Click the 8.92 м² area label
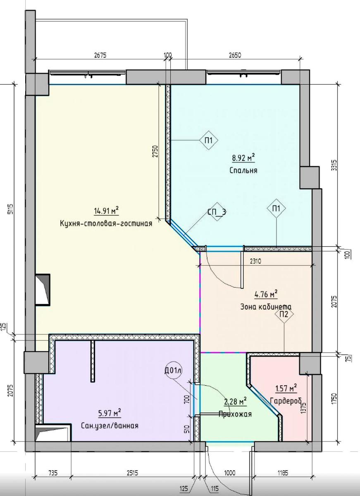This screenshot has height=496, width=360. coord(243,158)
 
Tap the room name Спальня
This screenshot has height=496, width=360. coord(243,170)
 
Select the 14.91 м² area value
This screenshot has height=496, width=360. coord(107,211)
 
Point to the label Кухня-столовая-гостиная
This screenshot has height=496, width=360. coord(106,224)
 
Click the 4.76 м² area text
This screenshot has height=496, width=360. coord(266,294)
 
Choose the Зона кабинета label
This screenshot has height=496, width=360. coord(266,307)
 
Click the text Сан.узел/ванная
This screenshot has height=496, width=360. coord(110,426)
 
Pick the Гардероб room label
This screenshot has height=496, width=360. coord(286,400)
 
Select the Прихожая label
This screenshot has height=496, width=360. coord(235,414)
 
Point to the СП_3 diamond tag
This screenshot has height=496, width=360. coord(217,212)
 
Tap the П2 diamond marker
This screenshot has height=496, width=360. coord(284,314)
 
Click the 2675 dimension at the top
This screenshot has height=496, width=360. coord(100,55)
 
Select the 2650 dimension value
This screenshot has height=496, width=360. coord(235,55)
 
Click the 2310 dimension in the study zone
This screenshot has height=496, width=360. coord(255,262)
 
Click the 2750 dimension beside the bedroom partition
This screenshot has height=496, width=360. coord(155,151)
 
